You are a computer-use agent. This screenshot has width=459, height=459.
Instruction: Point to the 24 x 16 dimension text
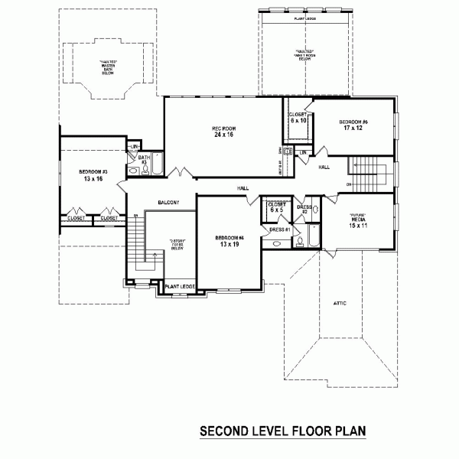[223, 135]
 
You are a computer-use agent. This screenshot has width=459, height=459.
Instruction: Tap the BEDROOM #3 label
[93, 172]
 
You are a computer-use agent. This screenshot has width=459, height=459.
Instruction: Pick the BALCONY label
[168, 203]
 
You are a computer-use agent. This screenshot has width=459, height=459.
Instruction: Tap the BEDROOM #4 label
[229, 238]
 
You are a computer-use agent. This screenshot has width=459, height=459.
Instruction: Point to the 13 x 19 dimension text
[229, 246]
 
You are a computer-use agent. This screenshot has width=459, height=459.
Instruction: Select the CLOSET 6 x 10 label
[298, 117]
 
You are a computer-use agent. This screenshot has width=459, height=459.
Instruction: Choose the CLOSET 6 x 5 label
[276, 207]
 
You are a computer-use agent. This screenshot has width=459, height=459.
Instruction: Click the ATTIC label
[340, 304]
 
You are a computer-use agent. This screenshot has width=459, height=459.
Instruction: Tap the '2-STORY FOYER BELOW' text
[178, 245]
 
